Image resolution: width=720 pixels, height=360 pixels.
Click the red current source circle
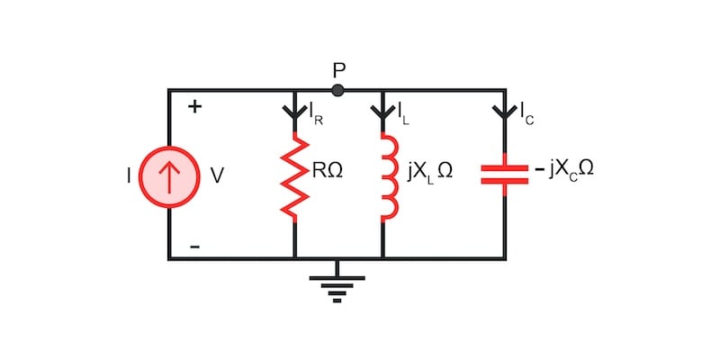tap(169, 175)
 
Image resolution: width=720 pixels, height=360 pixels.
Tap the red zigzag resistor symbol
tap(294, 177)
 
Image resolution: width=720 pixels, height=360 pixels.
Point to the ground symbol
tap(337, 284)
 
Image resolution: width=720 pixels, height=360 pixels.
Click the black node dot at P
tap(337, 90)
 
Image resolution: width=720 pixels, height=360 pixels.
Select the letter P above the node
tap(338, 68)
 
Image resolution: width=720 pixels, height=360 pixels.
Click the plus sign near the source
tap(193, 107)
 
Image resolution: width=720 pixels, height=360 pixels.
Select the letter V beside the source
tap(217, 176)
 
